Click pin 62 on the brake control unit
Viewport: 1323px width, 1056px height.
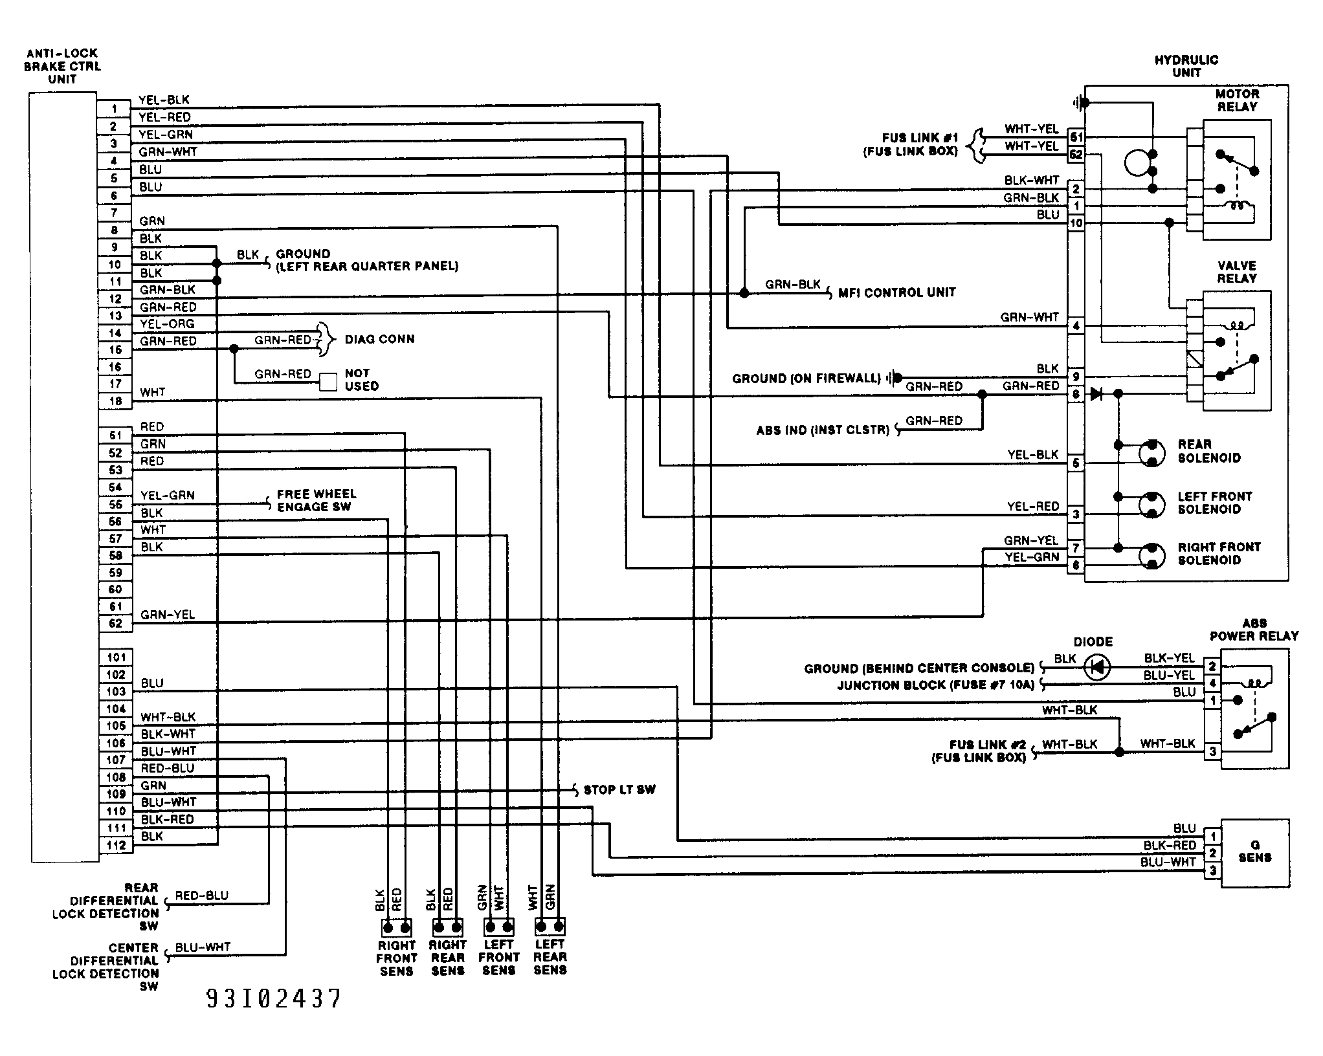(115, 624)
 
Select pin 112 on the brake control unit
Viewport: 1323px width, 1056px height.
(115, 845)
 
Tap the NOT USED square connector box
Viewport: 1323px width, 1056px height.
(328, 382)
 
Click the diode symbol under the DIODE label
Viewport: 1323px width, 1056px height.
(1097, 667)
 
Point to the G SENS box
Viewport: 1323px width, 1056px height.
(1254, 853)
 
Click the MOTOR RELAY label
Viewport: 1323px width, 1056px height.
(1237, 100)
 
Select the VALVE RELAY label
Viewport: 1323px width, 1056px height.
(1236, 272)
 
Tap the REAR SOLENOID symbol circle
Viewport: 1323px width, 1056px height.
(1151, 452)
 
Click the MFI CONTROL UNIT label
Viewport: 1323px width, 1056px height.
(896, 292)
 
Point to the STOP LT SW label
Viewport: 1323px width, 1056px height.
(619, 789)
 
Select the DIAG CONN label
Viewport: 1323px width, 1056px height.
(379, 339)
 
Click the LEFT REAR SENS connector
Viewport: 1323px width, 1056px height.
(550, 927)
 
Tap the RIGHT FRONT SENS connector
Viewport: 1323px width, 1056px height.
(397, 928)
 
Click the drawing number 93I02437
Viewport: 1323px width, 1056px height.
(273, 999)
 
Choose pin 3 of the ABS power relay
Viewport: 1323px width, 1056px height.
(1212, 751)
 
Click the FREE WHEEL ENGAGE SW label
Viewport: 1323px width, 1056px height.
(317, 500)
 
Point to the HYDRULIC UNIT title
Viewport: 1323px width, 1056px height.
(1186, 66)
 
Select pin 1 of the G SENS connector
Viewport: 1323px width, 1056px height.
(1212, 837)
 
